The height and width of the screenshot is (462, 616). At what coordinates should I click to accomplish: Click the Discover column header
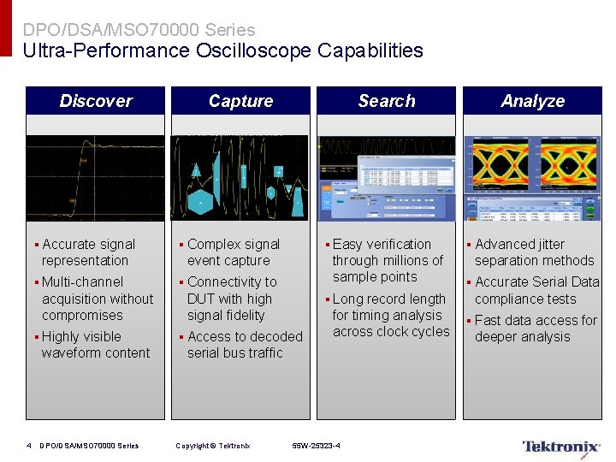(96, 101)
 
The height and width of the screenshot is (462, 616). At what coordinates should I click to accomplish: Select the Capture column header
(240, 101)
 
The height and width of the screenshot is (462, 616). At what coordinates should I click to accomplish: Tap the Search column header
(386, 101)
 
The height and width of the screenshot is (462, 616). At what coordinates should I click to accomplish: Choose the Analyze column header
(532, 101)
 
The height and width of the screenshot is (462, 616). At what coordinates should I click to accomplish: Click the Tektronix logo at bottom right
(560, 446)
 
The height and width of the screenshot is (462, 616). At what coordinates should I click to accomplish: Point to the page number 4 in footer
(29, 446)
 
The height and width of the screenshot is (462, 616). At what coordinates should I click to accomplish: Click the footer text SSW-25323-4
(316, 446)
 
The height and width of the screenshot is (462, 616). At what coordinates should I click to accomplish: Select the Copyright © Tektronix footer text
(212, 446)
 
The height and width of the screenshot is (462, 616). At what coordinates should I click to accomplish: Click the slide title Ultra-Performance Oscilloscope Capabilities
(222, 50)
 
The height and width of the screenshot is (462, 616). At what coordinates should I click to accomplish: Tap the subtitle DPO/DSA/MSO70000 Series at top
(139, 30)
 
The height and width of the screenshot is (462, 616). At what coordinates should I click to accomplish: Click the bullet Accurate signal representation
(87, 252)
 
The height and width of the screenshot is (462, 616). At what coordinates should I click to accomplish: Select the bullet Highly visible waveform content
(94, 345)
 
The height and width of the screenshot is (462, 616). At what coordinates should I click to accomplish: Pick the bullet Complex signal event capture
(232, 252)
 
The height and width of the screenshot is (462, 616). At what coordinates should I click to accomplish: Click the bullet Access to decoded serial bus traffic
(243, 345)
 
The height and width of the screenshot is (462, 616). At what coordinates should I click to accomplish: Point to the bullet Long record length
(389, 315)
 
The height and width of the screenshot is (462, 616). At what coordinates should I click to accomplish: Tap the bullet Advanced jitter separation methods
(533, 252)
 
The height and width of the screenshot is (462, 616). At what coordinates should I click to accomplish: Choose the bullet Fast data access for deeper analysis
(535, 329)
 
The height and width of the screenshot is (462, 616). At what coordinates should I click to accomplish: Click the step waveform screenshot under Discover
(95, 178)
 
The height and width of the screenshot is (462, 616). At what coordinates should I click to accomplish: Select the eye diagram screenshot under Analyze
(532, 178)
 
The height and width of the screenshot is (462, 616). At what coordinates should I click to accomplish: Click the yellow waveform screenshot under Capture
(240, 178)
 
